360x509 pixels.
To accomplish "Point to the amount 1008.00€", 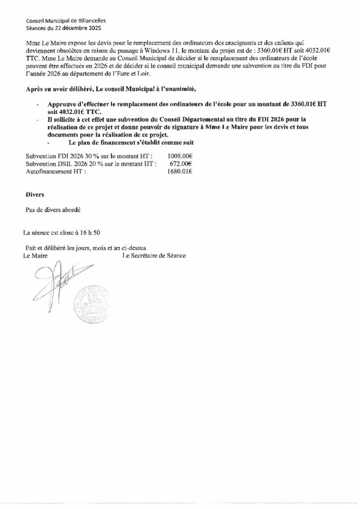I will (x=180, y=156).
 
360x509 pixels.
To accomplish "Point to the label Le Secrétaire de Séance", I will (x=154, y=255).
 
